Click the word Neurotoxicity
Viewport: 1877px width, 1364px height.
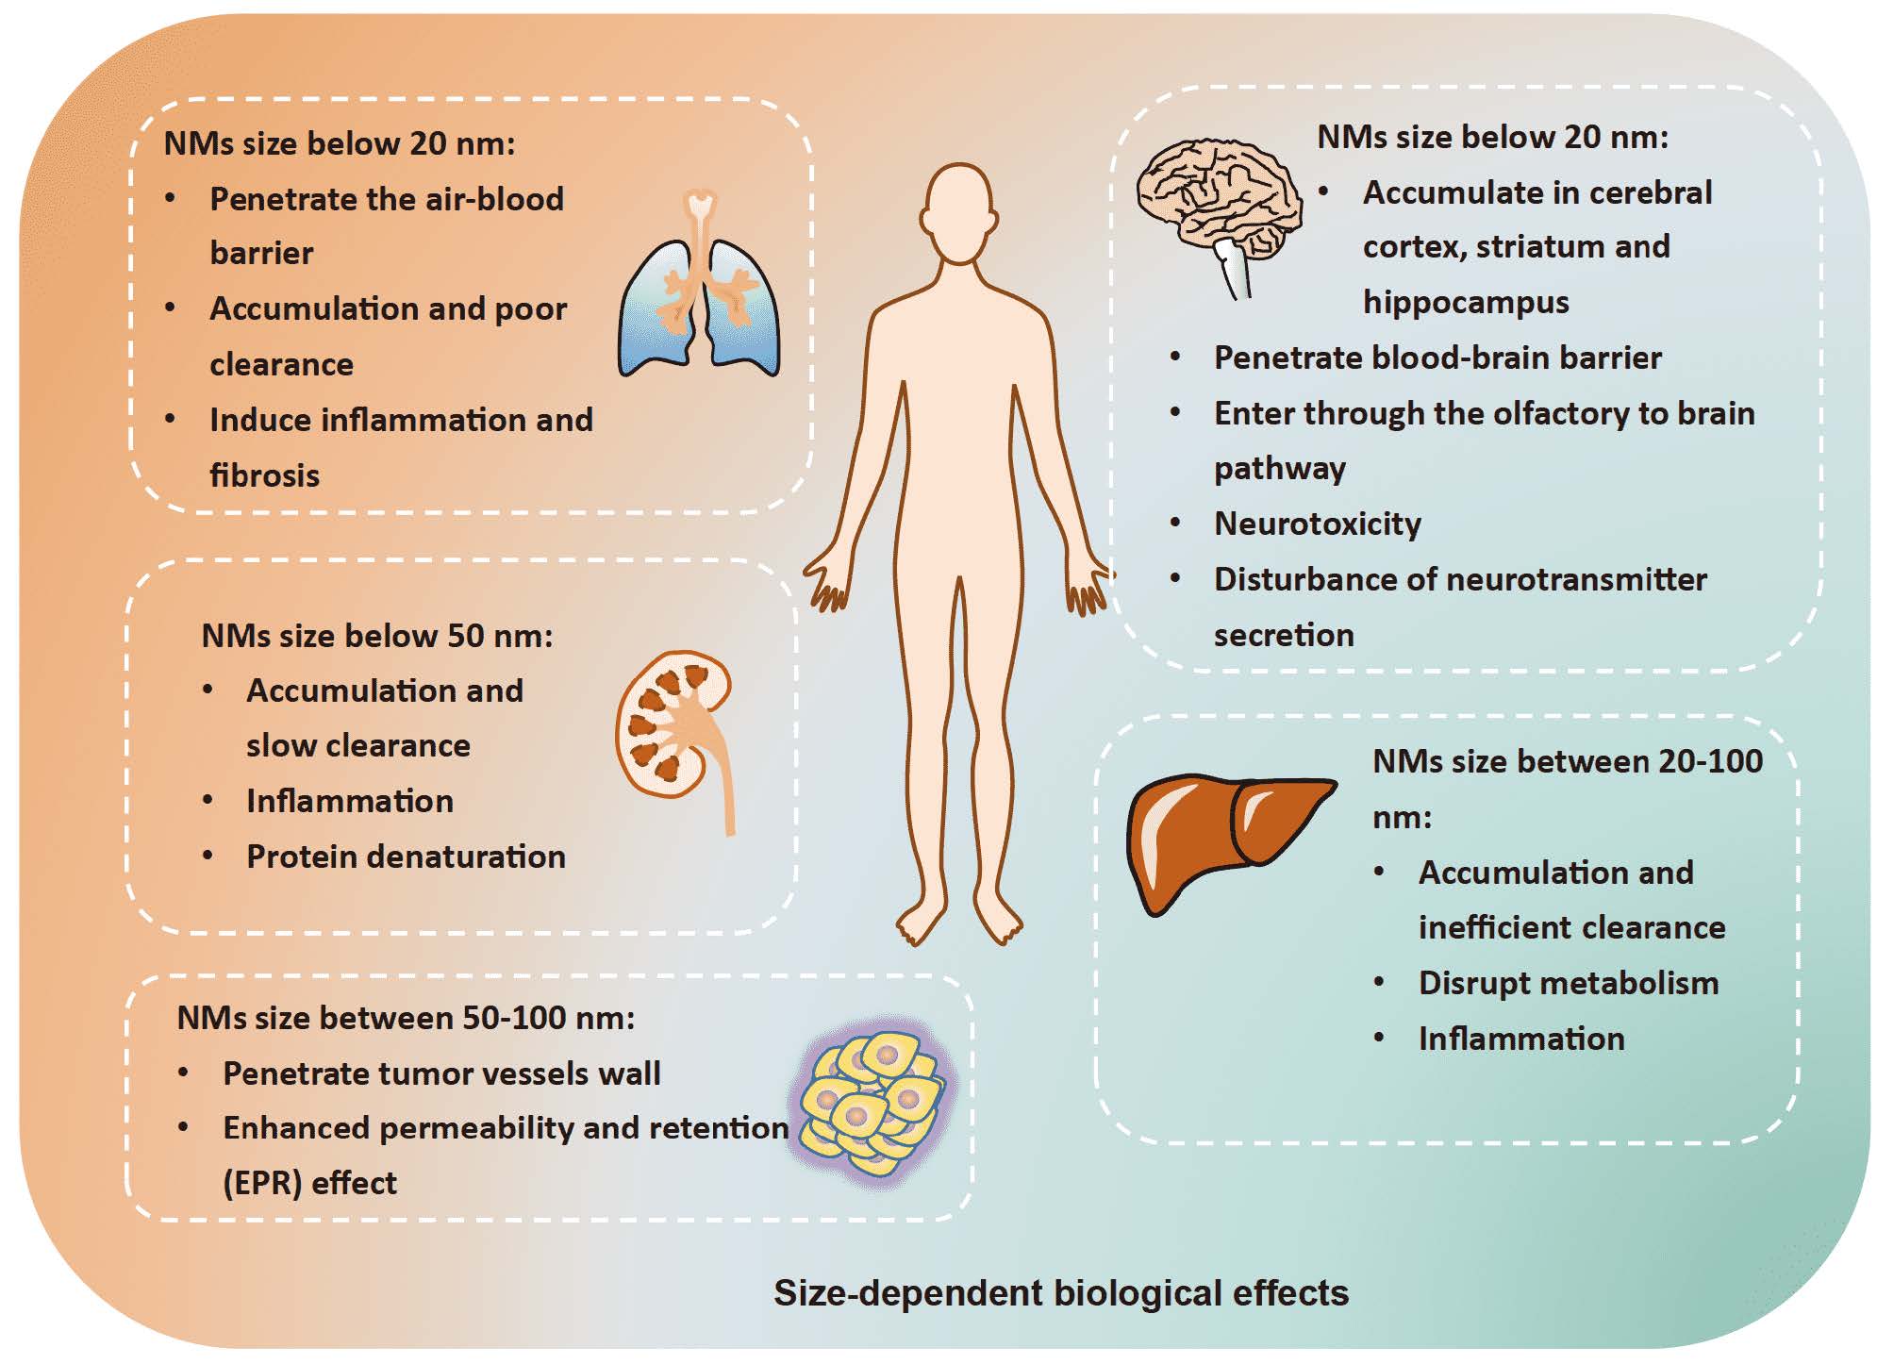(x=1317, y=524)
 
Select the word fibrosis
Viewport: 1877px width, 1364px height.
(x=264, y=475)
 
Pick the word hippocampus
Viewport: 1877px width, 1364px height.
(x=1466, y=302)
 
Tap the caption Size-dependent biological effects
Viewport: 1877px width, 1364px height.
(x=1060, y=1292)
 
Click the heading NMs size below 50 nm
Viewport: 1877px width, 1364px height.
(x=377, y=636)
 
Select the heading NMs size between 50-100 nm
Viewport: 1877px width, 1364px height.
(x=406, y=1018)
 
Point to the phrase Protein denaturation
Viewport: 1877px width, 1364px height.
(x=406, y=857)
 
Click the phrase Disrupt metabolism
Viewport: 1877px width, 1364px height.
(x=1568, y=983)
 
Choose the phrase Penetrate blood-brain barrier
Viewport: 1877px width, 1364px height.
(x=1437, y=358)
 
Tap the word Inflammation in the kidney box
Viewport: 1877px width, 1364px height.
(x=350, y=801)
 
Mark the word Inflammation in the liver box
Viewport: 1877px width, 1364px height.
(x=1521, y=1039)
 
